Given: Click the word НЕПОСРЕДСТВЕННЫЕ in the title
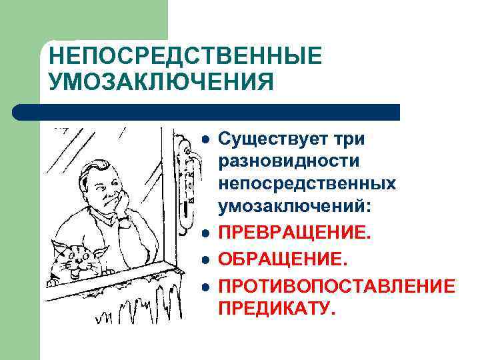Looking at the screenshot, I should [185, 56].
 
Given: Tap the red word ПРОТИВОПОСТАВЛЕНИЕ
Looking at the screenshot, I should [337, 286].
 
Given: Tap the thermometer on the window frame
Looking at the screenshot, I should [187, 177].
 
